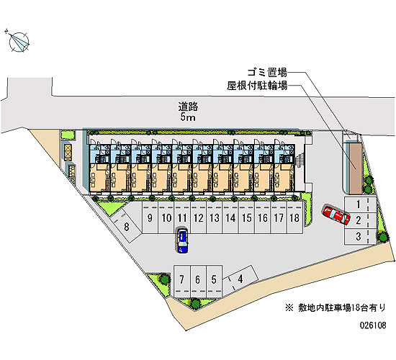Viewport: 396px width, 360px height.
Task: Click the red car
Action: (336, 215)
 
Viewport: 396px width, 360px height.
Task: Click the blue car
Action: (182, 240)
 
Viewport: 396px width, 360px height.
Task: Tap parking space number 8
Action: (126, 226)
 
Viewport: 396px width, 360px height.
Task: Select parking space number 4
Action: (240, 279)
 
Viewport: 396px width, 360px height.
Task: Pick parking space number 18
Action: (294, 217)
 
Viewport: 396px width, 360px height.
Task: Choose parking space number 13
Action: (215, 217)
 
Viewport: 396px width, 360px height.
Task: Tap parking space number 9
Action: (150, 217)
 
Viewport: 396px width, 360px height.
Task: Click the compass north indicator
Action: (19, 42)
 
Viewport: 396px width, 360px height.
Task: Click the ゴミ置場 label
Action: (267, 73)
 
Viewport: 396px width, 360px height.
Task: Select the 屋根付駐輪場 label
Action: (257, 86)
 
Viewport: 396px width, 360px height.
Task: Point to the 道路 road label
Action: (188, 107)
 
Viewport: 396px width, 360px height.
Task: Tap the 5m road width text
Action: (188, 117)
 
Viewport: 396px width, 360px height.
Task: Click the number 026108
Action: (373, 325)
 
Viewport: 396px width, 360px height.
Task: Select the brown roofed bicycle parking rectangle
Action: (356, 168)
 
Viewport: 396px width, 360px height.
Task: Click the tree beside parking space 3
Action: (383, 237)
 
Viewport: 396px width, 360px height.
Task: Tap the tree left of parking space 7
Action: (164, 279)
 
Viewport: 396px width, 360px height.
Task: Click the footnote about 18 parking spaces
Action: (336, 307)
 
